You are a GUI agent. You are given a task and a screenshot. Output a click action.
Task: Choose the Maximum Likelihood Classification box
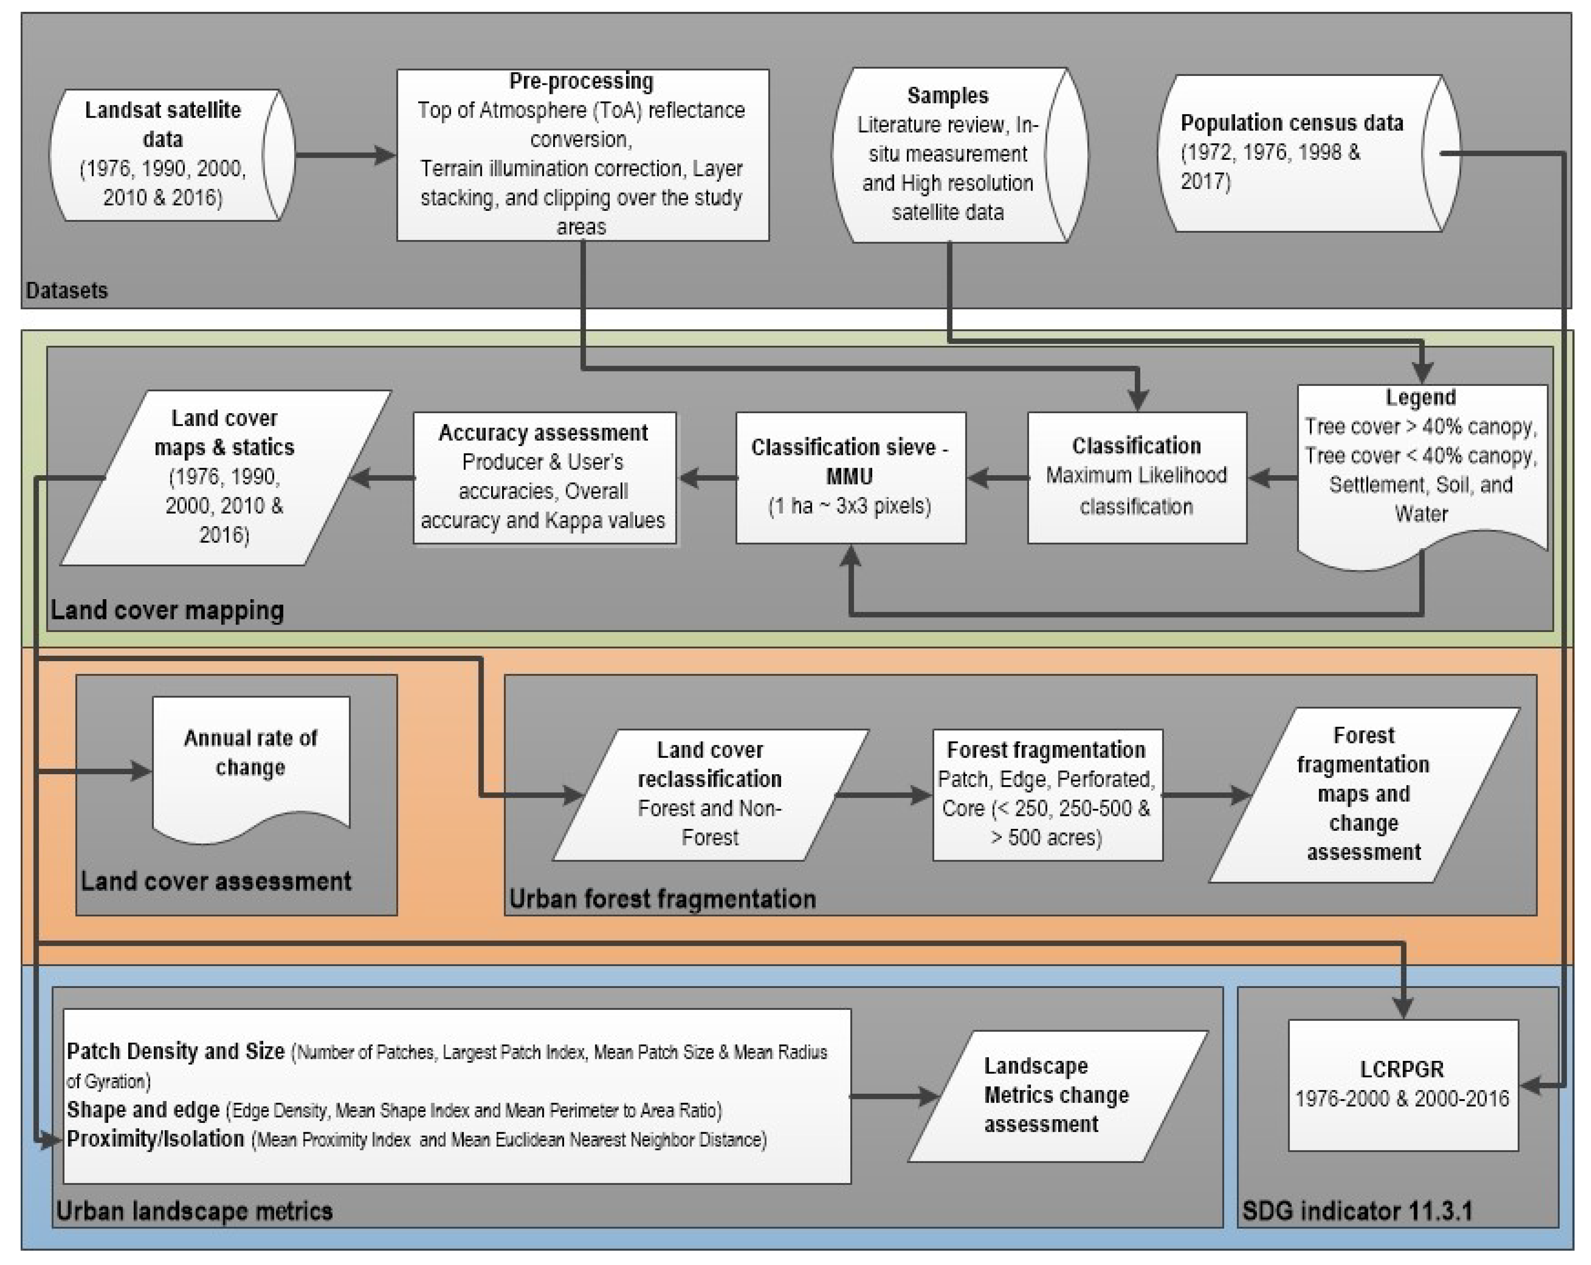tap(1137, 477)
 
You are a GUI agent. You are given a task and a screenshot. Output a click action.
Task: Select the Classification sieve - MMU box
tap(850, 477)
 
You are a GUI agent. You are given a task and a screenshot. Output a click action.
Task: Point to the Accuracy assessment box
tap(544, 477)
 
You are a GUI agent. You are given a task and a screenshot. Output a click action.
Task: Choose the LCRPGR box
tap(1402, 1085)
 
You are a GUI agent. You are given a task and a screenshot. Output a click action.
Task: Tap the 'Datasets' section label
tap(67, 290)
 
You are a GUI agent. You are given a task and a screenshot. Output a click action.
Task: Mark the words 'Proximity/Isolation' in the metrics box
tap(156, 1139)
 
